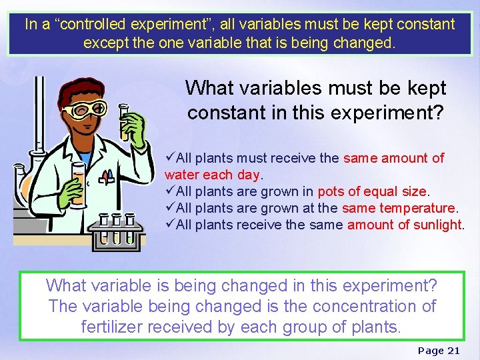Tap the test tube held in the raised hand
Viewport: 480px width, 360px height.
124,120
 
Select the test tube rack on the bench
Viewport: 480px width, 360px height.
117,230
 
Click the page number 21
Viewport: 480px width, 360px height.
453,351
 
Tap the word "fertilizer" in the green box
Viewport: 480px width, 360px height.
110,327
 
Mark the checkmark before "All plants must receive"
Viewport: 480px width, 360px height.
170,158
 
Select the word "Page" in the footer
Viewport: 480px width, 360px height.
431,351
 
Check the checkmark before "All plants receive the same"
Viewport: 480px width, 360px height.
170,225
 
